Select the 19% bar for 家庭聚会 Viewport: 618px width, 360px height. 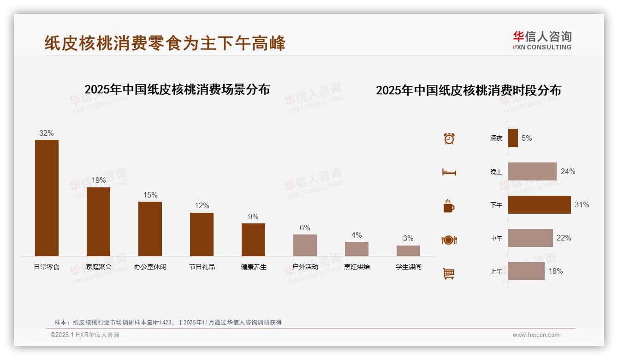point(98,222)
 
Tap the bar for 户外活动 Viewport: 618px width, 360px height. point(305,245)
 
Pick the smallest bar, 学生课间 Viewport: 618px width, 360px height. point(408,251)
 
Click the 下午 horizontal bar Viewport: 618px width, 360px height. point(539,204)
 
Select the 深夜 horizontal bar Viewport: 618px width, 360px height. point(513,138)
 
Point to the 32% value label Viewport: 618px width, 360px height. point(46,133)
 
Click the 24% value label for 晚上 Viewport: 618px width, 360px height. point(568,171)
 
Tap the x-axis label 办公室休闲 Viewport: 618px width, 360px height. point(150,267)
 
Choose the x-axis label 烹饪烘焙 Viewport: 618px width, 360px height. point(357,267)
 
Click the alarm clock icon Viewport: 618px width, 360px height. point(449,138)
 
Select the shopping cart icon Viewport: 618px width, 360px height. point(449,273)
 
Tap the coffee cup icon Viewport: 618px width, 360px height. point(449,206)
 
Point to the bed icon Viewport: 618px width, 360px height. point(449,172)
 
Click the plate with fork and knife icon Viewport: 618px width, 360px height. point(449,240)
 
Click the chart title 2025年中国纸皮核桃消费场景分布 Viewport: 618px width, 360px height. point(177,89)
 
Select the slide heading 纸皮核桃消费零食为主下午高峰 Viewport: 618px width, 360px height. point(165,43)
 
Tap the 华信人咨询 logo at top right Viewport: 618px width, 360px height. point(542,40)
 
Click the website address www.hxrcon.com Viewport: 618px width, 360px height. point(536,335)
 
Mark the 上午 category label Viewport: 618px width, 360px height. point(496,271)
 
